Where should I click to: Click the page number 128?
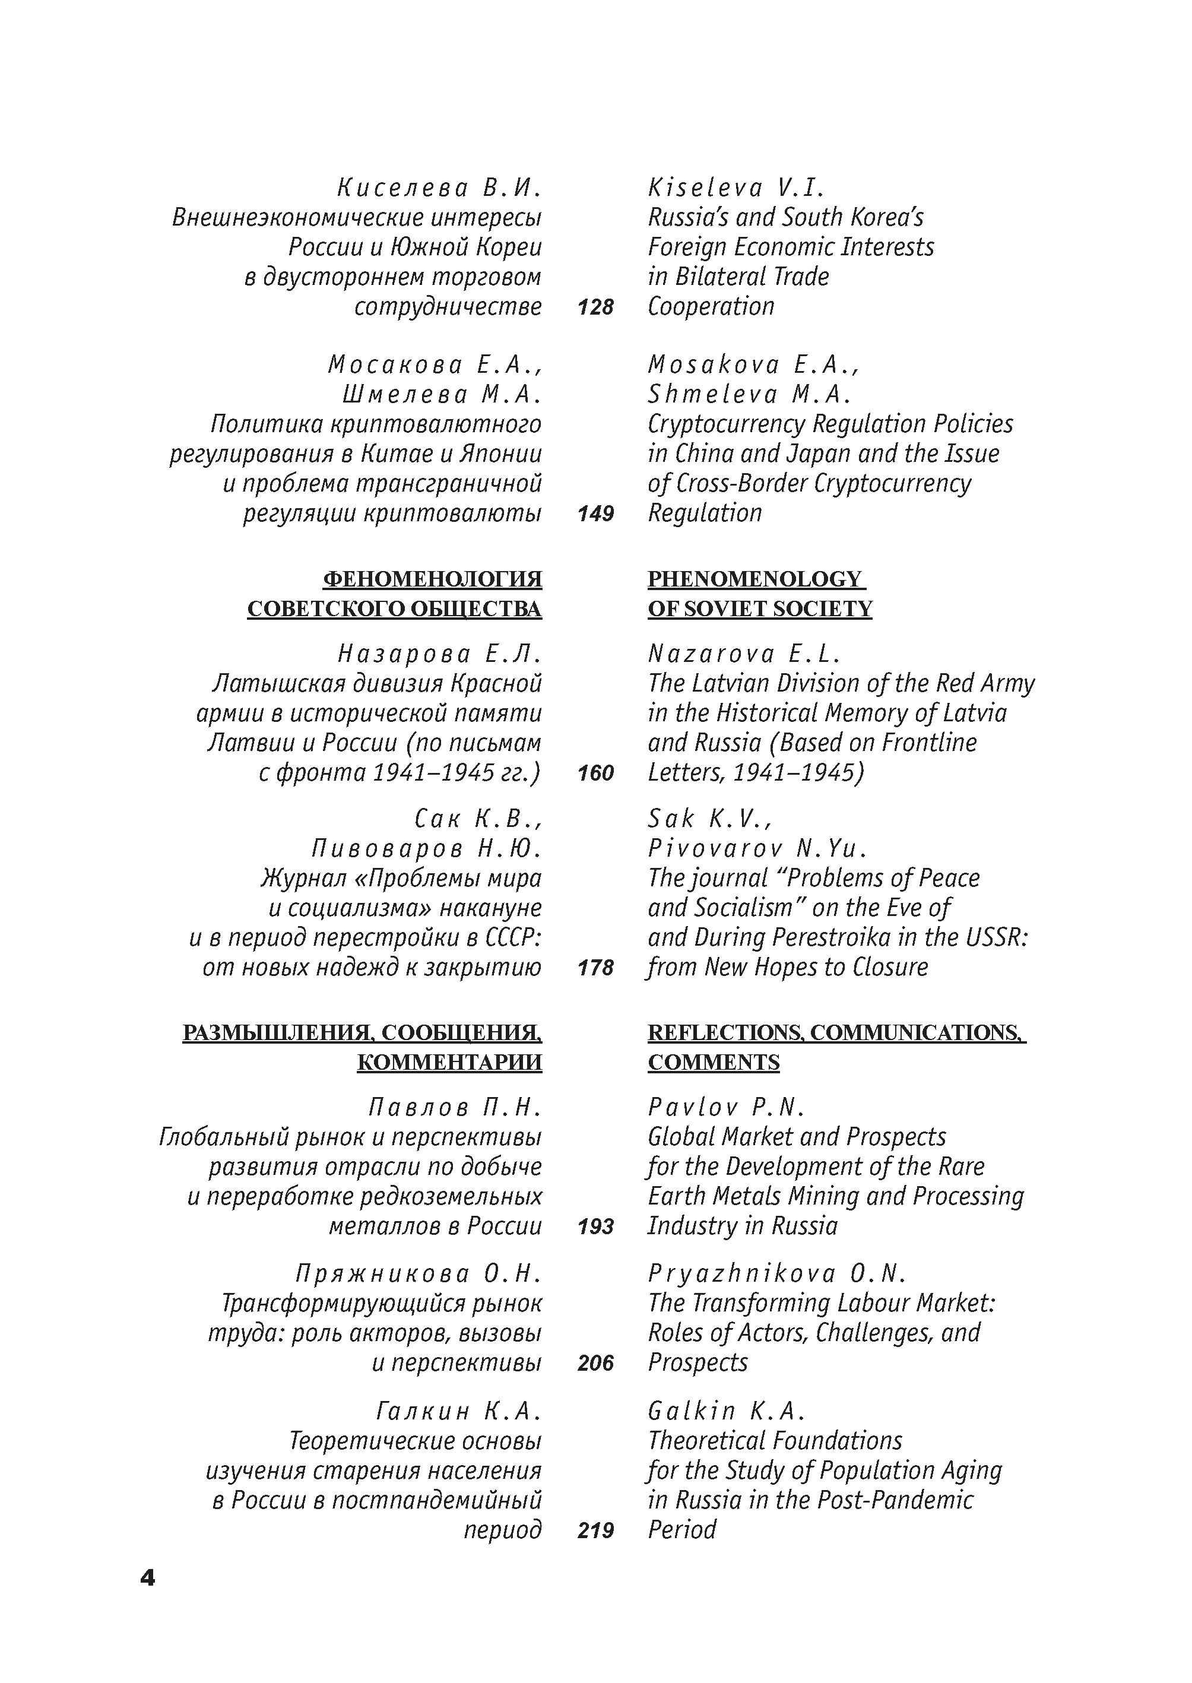pos(595,307)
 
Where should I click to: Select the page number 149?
pos(595,513)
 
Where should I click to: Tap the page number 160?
pos(595,773)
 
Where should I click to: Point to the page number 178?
pos(595,968)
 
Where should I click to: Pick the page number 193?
pos(595,1226)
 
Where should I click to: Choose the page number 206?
pos(595,1363)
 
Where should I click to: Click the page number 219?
pos(595,1530)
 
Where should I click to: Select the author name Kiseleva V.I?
pos(736,188)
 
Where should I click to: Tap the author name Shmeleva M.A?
pos(749,395)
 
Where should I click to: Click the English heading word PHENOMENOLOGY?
pos(754,579)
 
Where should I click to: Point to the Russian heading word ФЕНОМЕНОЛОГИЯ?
pos(432,579)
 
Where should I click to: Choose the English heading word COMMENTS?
pos(714,1062)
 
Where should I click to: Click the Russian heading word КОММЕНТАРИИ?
pos(449,1062)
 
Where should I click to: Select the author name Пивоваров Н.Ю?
pos(426,848)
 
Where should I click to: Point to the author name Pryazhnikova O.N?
pos(777,1273)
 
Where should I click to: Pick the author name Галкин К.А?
pos(459,1411)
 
